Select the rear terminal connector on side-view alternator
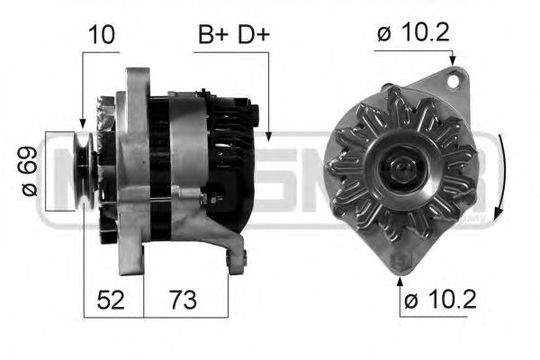pyautogui.click(x=256, y=117)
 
